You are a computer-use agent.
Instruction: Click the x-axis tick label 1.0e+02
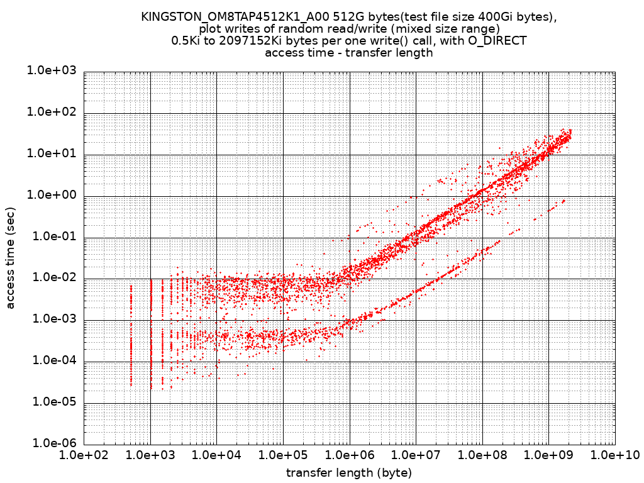[84, 455]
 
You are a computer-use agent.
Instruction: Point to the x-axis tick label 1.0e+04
[216, 455]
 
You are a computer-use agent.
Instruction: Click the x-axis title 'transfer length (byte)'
[349, 472]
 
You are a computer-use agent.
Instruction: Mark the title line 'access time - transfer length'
[349, 53]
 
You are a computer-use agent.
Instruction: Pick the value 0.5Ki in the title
[186, 41]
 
